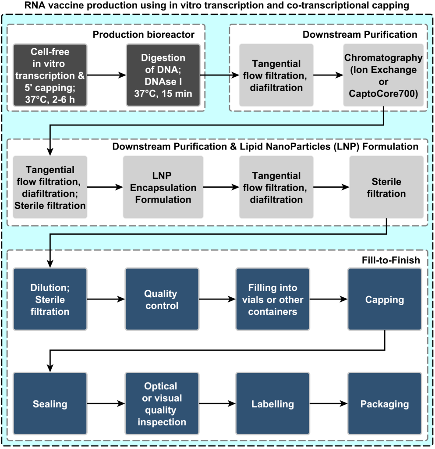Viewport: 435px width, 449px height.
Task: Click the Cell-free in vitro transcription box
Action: [50, 75]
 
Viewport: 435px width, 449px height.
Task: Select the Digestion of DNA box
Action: [163, 75]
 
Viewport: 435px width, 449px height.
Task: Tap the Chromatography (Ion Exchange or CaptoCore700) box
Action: [383, 75]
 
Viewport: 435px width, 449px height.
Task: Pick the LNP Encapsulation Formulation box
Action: [163, 187]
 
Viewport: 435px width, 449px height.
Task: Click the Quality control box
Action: [162, 299]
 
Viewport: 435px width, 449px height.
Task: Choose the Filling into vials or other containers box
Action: [272, 299]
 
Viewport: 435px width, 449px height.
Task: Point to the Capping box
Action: [385, 299]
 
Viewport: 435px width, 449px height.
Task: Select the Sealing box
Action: [50, 404]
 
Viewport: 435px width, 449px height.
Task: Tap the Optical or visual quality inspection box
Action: [162, 404]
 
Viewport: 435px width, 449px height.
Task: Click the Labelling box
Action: [272, 404]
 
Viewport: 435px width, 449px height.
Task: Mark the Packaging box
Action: [385, 404]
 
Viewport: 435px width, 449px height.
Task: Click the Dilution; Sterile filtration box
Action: [50, 299]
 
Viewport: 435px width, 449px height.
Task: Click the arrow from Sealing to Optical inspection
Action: [106, 404]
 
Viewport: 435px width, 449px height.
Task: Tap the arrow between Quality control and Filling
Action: [217, 299]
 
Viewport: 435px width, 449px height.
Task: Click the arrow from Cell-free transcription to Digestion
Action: [106, 75]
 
